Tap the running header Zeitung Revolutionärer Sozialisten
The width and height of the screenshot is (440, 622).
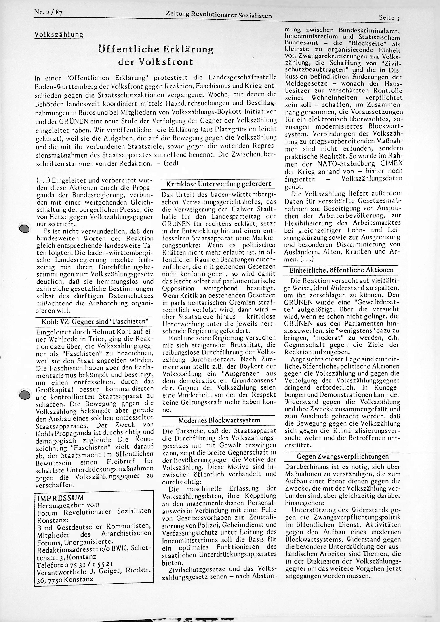click(219, 15)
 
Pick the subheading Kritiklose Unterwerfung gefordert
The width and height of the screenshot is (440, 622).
click(219, 184)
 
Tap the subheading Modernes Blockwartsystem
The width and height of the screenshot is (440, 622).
click(219, 420)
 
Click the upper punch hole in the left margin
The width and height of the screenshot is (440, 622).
click(25, 228)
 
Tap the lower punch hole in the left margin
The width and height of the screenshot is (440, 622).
click(25, 395)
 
